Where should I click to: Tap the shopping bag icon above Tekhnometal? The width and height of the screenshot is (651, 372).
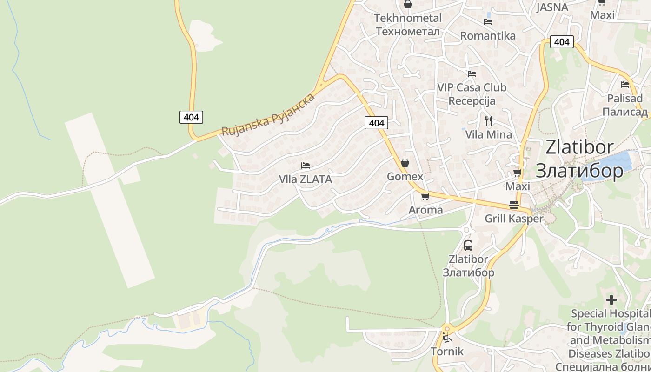coord(408,5)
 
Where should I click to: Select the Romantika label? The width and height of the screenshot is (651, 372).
coord(488,36)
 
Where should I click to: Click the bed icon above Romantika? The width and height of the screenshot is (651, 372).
coord(488,21)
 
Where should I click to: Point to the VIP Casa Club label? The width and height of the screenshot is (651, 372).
coord(472,87)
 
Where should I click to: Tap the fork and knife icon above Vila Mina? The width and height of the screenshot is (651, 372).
coord(488,121)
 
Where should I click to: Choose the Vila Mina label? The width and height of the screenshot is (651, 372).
coord(489,135)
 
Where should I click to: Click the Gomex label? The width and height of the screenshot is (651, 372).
coord(405,177)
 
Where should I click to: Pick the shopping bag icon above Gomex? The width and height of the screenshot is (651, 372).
coord(405,163)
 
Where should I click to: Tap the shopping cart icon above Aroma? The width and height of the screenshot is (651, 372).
coord(425,196)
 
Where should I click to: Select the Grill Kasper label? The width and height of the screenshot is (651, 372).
coord(514,219)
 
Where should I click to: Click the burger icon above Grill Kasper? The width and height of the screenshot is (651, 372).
coord(514,205)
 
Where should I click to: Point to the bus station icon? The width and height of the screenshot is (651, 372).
coord(468,246)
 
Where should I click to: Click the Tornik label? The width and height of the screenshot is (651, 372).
coord(447,351)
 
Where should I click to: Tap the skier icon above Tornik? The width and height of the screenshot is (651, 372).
coord(447,338)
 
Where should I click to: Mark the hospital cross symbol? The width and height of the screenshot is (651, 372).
coord(611,299)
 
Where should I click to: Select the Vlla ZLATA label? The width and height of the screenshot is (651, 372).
coord(306,179)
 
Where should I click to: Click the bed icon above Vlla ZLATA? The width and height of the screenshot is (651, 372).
coord(306,166)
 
